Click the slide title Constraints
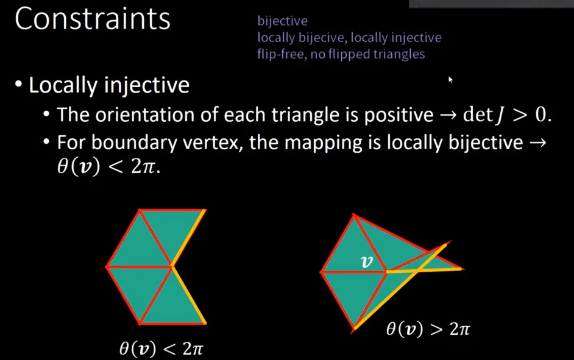93,19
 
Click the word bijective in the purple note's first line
283,21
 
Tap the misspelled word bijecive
327,38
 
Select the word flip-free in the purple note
280,54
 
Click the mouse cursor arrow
450,79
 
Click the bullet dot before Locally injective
18,84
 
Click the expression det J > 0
507,115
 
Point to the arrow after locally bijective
537,143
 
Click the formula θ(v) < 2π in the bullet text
108,167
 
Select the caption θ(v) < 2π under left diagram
161,348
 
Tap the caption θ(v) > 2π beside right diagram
428,330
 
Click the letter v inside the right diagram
366,262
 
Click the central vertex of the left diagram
171,267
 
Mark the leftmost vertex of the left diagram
107,267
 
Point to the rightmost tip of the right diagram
464,269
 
